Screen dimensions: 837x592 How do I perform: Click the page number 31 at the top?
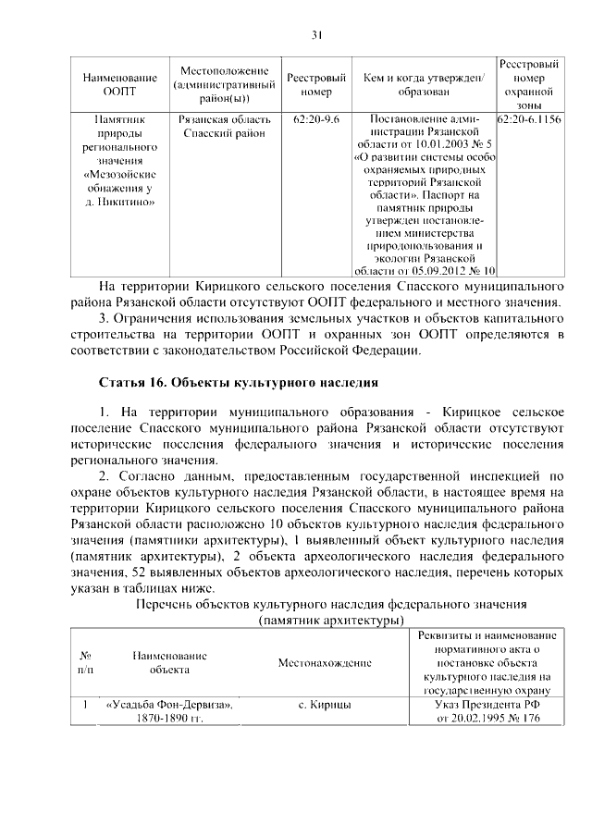tap(316, 35)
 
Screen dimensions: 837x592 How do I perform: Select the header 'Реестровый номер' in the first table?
tap(316, 85)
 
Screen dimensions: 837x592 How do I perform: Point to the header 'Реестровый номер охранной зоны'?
tap(529, 86)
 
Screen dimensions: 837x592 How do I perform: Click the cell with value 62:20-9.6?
tap(316, 120)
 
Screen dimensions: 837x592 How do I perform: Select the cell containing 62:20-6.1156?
tap(529, 120)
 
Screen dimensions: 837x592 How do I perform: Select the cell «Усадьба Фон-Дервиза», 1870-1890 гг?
tap(169, 712)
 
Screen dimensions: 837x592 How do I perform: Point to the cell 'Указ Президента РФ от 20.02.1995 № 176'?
tap(487, 712)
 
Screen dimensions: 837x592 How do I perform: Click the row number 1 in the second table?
tap(84, 706)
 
